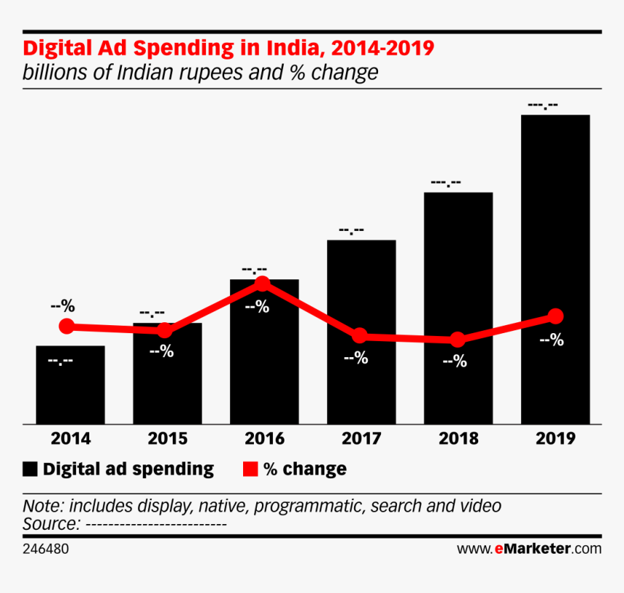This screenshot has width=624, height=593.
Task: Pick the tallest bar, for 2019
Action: pos(555,269)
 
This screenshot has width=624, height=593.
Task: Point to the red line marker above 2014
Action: pos(67,327)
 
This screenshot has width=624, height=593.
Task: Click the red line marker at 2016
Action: pos(263,283)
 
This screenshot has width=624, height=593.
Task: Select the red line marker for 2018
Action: pos(457,340)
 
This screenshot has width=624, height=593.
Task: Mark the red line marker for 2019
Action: pos(556,316)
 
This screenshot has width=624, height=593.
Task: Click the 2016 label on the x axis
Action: pos(264,438)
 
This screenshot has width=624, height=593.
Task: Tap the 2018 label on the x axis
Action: pos(458,438)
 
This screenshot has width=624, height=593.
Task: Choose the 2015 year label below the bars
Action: pos(167,438)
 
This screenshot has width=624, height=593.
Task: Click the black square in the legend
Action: pos(30,469)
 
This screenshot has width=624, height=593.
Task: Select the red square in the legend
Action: pos(250,469)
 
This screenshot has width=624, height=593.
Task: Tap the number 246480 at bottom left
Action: pos(46,549)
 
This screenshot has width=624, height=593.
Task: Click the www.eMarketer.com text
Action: pos(529,549)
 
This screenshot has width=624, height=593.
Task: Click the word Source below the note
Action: pos(51,524)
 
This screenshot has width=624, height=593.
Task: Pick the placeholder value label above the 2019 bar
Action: pos(543,106)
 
